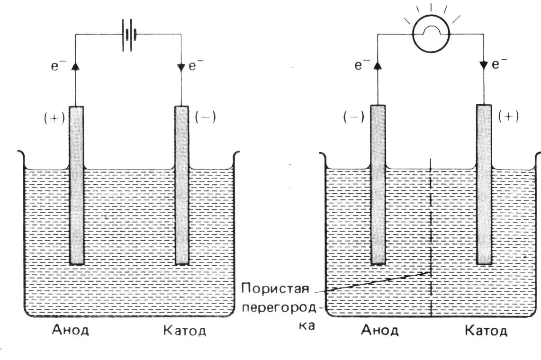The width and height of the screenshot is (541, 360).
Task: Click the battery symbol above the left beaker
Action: coord(128,35)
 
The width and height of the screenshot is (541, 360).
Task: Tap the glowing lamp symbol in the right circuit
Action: coord(431,35)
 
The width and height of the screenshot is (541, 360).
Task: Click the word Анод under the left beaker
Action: coord(70,330)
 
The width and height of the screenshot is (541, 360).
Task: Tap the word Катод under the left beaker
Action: coord(185,330)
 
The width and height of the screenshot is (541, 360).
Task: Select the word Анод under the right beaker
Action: coord(379,330)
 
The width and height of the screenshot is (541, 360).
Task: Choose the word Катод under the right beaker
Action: coord(486,330)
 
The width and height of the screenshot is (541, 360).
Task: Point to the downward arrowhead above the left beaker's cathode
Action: coord(181,67)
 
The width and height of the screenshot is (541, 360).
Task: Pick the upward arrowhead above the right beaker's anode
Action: coord(378,65)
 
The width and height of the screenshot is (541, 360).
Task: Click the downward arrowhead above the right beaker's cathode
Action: coord(484,65)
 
